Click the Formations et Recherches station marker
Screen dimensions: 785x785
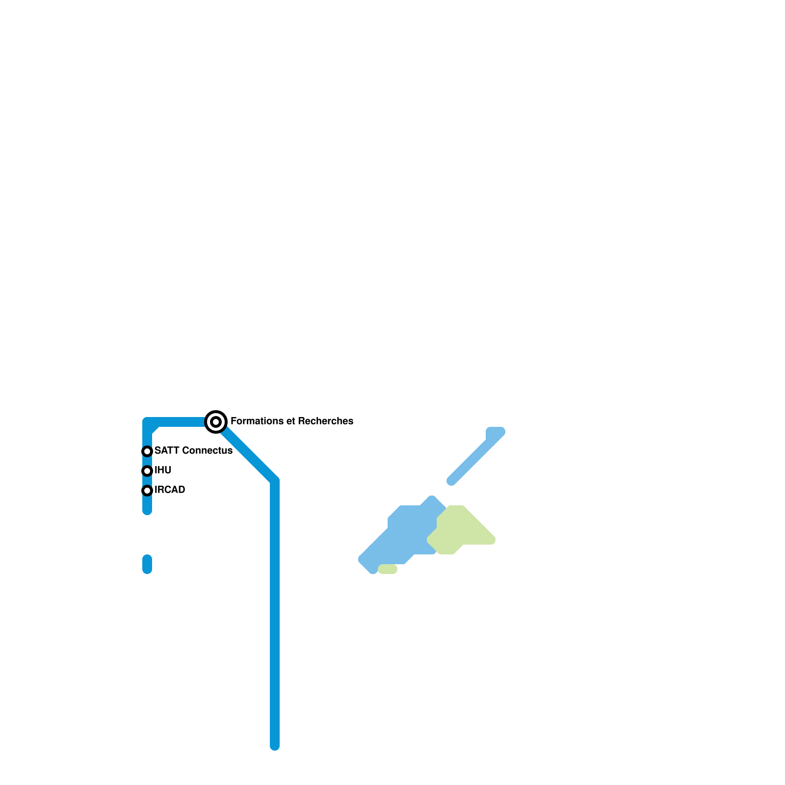coord(216,421)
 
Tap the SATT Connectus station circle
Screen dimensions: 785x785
coord(147,451)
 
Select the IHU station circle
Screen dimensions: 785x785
coord(147,471)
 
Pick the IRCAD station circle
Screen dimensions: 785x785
coord(147,491)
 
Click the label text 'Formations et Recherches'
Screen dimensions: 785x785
coord(291,421)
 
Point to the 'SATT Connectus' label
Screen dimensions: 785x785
coord(193,451)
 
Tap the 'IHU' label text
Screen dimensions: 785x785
coord(163,471)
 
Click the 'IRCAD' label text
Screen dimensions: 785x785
coord(170,490)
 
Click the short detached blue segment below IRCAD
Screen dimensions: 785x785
coord(147,564)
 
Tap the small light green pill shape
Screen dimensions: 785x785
coord(388,569)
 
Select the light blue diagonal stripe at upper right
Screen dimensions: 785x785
coord(476,456)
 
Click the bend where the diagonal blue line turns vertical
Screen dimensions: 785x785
coord(275,481)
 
